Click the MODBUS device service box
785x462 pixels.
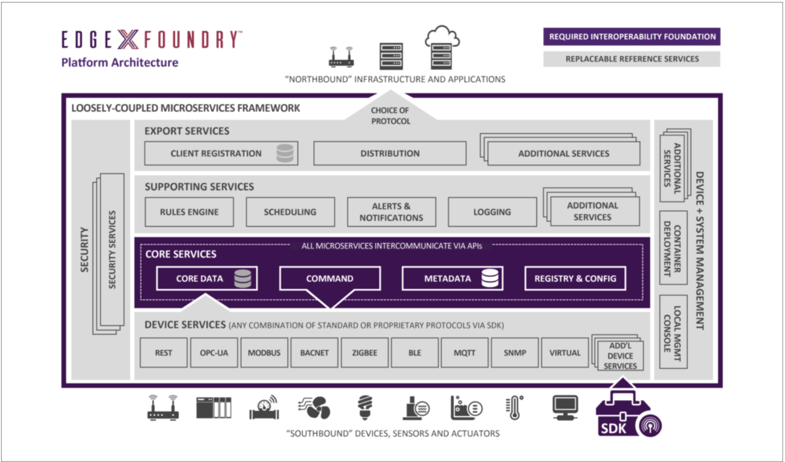pyautogui.click(x=264, y=353)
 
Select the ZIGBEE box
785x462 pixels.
pyautogui.click(x=365, y=353)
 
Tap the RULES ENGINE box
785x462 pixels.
pyautogui.click(x=189, y=212)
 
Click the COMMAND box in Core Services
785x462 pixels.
pyautogui.click(x=330, y=279)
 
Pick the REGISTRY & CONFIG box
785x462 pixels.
pyautogui.click(x=575, y=279)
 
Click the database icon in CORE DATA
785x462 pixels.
pyautogui.click(x=242, y=279)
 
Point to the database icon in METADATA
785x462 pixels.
pyautogui.click(x=490, y=279)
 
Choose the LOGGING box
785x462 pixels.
pyautogui.click(x=492, y=212)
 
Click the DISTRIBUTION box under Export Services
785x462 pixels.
pyautogui.click(x=390, y=153)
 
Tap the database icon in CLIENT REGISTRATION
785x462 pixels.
pyautogui.click(x=285, y=153)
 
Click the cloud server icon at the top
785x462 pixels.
pyautogui.click(x=441, y=48)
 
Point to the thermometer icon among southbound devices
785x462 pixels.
pyautogui.click(x=514, y=408)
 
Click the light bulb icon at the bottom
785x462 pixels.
pyautogui.click(x=365, y=407)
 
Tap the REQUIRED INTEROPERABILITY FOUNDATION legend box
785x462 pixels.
pyautogui.click(x=632, y=37)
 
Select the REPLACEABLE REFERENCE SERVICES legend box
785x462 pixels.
pyautogui.click(x=632, y=59)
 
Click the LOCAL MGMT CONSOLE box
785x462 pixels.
pyautogui.click(x=673, y=332)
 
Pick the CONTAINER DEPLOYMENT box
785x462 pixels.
pyautogui.click(x=673, y=248)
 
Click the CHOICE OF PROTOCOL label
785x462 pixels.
pyautogui.click(x=390, y=115)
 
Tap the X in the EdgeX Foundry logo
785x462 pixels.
pyautogui.click(x=128, y=40)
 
